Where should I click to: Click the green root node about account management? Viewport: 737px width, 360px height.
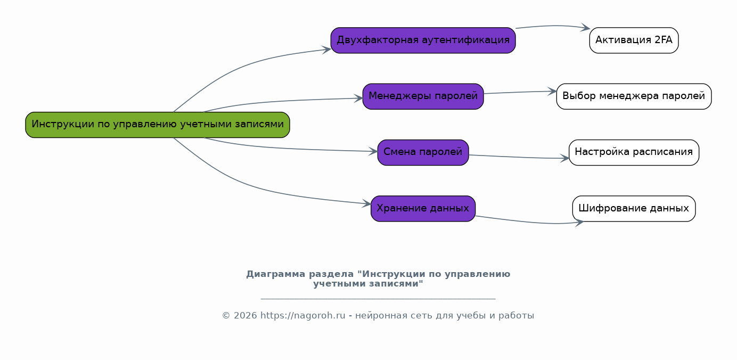[158, 125]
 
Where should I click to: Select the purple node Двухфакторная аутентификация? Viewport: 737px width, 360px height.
[423, 40]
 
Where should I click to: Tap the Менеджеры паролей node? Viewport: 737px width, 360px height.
[423, 96]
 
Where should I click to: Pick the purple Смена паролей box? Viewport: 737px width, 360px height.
[423, 152]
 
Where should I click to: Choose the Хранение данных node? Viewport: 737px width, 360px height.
[423, 209]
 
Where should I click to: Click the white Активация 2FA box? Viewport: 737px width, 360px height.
[634, 40]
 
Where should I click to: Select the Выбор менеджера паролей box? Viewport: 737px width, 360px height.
[634, 96]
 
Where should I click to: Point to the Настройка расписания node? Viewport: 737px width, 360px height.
[634, 152]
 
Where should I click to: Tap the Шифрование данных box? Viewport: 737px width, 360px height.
[634, 209]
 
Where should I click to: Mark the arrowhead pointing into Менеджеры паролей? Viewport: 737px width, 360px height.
[358, 98]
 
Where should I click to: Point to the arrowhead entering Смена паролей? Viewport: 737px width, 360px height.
[373, 151]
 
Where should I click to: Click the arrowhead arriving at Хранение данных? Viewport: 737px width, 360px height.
[367, 203]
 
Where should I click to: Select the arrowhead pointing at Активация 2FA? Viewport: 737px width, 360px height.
[586, 28]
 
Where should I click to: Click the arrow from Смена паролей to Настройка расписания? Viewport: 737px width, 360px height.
[519, 157]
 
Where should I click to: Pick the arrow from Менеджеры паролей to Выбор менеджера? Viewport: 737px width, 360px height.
[520, 92]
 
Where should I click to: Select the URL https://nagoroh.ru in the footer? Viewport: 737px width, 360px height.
[302, 316]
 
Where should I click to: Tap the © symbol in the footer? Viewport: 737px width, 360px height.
[226, 316]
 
